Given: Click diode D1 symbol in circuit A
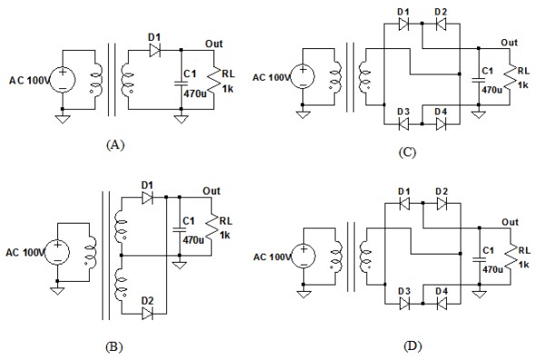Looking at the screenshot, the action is tap(154, 50).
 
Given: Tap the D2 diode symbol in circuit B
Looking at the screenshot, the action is tap(147, 314).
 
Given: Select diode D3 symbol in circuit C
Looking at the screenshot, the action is tap(403, 124).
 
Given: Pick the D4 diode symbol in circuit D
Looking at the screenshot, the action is tap(441, 304).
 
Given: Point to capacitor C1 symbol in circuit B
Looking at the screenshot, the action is tap(180, 229).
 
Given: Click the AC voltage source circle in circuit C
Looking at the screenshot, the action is tap(302, 77).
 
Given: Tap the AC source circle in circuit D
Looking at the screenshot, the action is tap(303, 256).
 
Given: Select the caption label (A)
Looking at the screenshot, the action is tap(115, 145).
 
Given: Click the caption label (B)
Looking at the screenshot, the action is tap(114, 346).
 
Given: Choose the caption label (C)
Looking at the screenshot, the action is tap(407, 153).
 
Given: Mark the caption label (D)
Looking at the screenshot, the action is tap(412, 346).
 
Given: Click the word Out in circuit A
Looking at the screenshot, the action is tap(213, 44).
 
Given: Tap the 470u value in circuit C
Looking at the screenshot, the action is tap(491, 90).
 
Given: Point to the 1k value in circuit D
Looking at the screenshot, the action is tap(523, 265).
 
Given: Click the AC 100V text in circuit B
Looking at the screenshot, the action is tap(25, 253).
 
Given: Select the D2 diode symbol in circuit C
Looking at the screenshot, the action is tap(441, 24).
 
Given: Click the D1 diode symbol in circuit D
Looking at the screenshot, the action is tap(404, 204).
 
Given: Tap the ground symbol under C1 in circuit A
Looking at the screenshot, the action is tap(181, 119).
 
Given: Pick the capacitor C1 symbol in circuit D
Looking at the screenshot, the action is tap(480, 259).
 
